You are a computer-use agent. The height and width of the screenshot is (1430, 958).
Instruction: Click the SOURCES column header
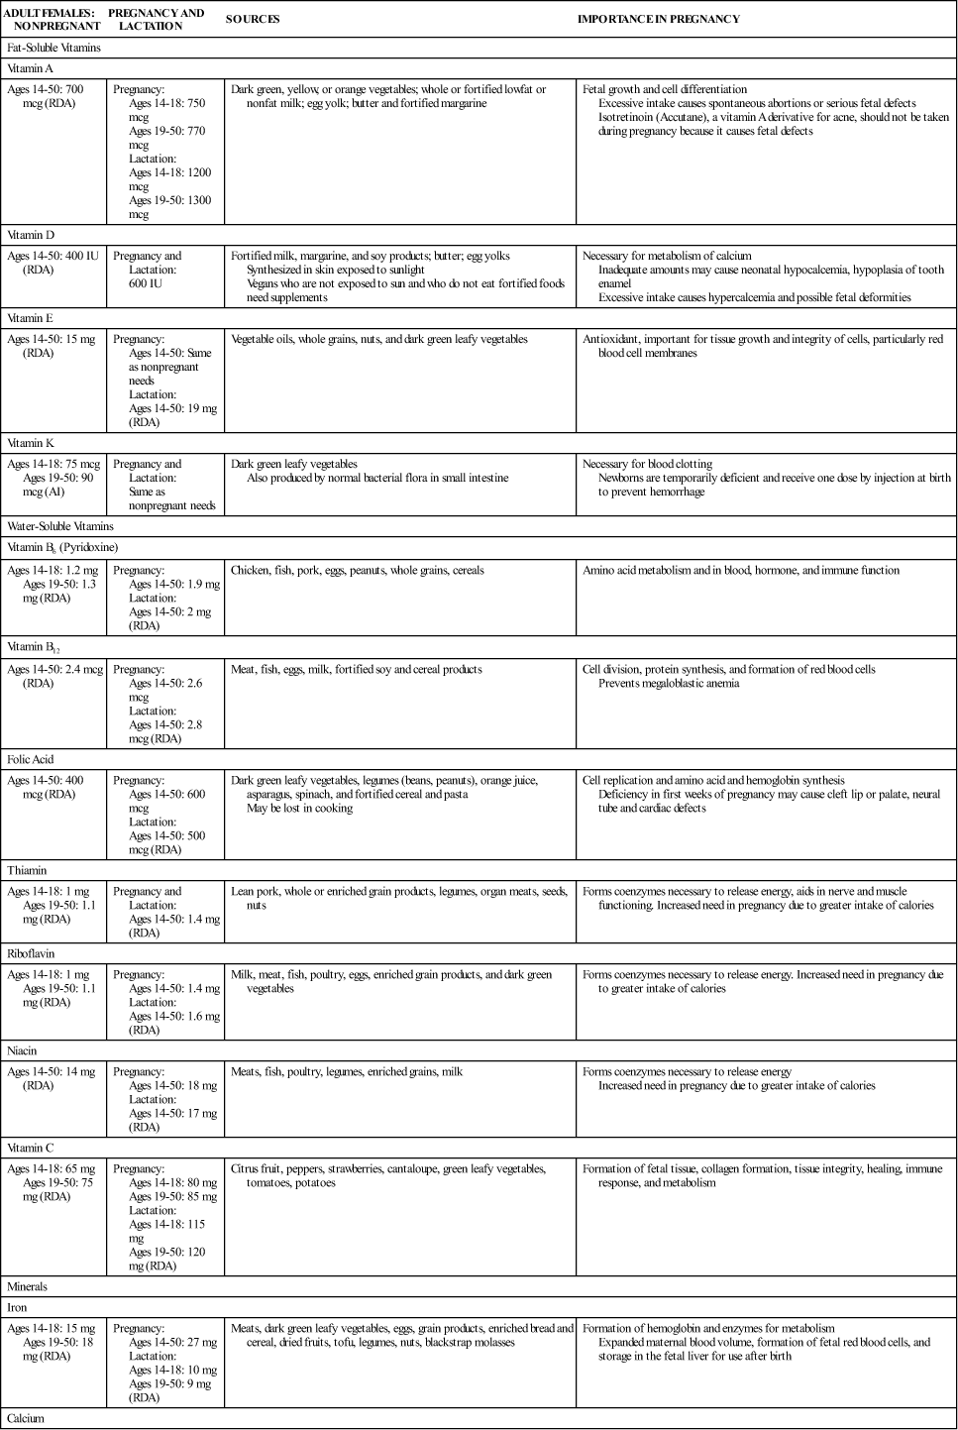point(253,19)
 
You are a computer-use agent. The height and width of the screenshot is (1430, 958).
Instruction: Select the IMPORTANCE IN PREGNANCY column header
point(658,19)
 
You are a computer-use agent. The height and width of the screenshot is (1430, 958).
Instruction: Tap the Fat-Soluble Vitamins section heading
point(53,48)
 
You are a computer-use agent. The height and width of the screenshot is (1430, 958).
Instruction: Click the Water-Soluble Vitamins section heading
point(59,526)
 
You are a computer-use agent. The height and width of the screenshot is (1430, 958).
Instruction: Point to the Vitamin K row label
point(31,443)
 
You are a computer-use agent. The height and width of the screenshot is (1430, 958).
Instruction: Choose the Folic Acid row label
point(31,759)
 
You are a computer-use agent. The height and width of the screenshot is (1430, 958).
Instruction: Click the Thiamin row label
point(27,870)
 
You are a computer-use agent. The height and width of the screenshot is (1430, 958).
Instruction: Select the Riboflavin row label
point(31,953)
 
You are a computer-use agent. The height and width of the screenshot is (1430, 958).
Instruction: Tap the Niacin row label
point(23,1050)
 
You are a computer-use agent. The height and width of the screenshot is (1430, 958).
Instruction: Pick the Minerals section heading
point(28,1286)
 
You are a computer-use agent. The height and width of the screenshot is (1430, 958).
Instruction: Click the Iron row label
point(18,1307)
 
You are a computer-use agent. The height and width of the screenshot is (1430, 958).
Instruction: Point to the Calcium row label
point(26,1418)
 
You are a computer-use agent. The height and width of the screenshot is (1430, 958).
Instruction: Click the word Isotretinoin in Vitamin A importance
point(628,117)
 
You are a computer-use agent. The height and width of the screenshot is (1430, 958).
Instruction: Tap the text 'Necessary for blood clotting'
point(647,464)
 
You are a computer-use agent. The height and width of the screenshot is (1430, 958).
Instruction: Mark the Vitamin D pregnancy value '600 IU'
point(145,283)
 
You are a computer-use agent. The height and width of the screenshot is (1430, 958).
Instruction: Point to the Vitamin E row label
point(31,318)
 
